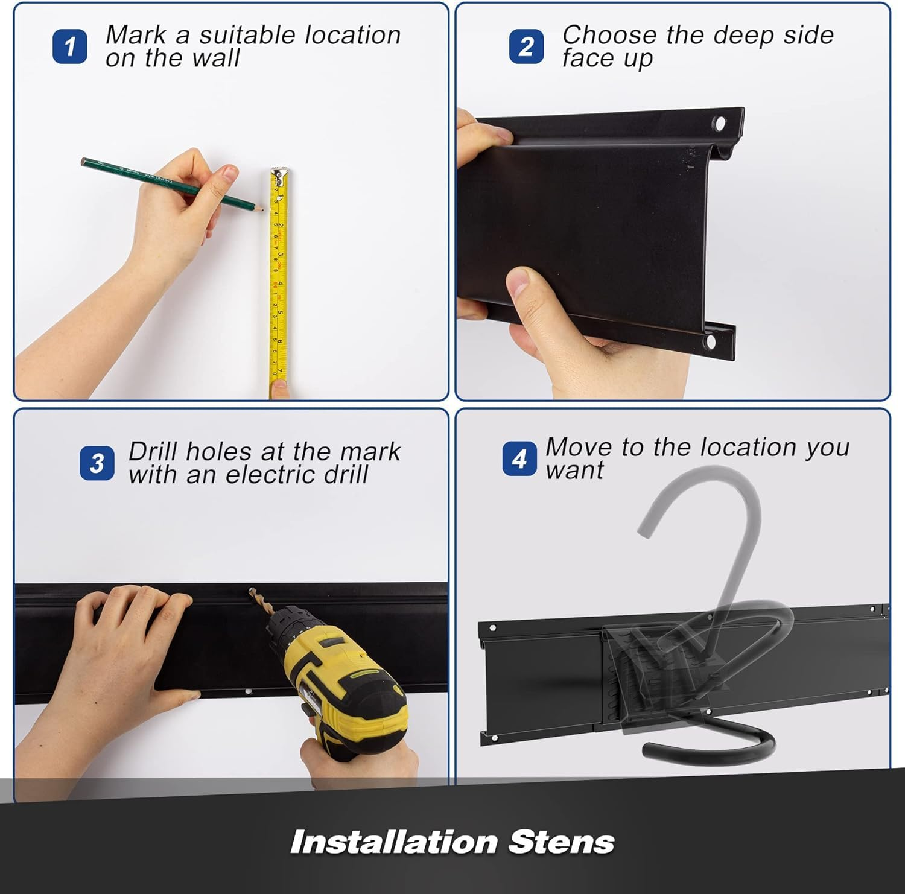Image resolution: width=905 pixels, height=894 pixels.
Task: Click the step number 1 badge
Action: [70, 46]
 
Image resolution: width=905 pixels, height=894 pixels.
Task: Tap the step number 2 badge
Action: [526, 46]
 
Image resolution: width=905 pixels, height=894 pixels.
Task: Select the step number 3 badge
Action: [97, 463]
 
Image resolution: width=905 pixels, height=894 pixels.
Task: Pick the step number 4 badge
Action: [519, 459]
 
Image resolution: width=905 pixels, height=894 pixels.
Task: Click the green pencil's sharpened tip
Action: [261, 209]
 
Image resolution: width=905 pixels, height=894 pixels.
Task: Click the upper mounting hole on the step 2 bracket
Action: [719, 124]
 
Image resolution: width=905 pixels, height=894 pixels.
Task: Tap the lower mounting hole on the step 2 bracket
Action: [710, 342]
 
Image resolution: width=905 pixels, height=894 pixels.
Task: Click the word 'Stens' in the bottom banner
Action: [561, 842]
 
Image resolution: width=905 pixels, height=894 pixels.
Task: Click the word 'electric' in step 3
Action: [271, 475]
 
